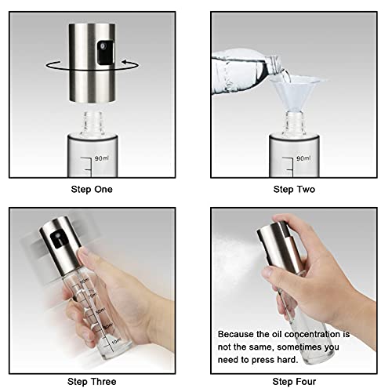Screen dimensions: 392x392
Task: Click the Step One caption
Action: click(x=93, y=189)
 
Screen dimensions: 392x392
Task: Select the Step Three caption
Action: click(x=93, y=380)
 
